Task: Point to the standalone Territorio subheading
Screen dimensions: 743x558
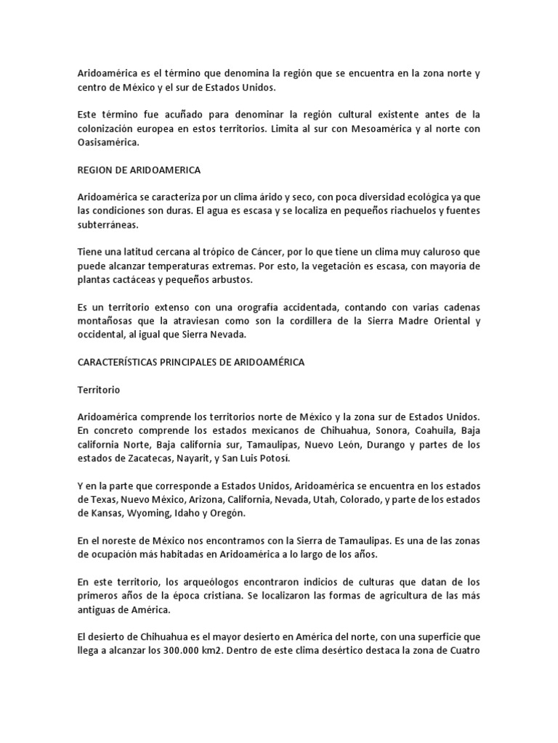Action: click(99, 390)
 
